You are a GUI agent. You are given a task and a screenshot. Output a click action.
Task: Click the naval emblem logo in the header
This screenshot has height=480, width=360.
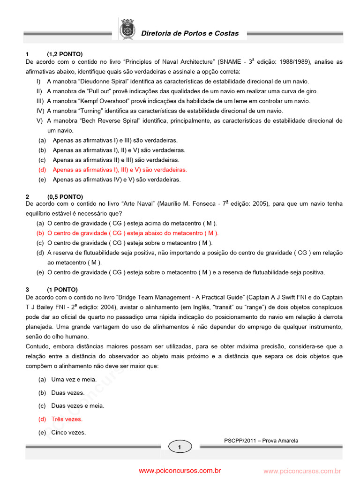pyautogui.click(x=127, y=29)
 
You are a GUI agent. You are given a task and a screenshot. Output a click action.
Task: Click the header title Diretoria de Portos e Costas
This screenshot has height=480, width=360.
pyautogui.click(x=190, y=33)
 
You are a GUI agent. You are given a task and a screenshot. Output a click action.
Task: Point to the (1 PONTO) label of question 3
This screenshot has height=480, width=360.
pyautogui.click(x=62, y=289)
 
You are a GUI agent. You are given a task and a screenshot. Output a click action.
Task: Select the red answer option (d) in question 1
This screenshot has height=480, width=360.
pyautogui.click(x=120, y=170)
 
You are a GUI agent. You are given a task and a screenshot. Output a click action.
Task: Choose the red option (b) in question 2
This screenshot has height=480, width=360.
pyautogui.click(x=133, y=233)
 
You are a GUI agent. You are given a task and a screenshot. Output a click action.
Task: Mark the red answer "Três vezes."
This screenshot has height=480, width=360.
pyautogui.click(x=67, y=419)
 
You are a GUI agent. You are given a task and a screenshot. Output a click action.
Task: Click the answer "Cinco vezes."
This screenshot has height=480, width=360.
pyautogui.click(x=68, y=433)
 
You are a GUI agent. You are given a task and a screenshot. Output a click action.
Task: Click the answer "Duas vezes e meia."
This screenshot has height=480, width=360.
pyautogui.click(x=78, y=405)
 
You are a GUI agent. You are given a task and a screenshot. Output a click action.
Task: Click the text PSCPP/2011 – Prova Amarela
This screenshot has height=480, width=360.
pyautogui.click(x=261, y=441)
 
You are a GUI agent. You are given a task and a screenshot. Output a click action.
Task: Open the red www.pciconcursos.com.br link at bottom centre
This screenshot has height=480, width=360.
pyautogui.click(x=180, y=471)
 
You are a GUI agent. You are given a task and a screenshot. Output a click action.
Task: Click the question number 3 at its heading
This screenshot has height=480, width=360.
pyautogui.click(x=27, y=289)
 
